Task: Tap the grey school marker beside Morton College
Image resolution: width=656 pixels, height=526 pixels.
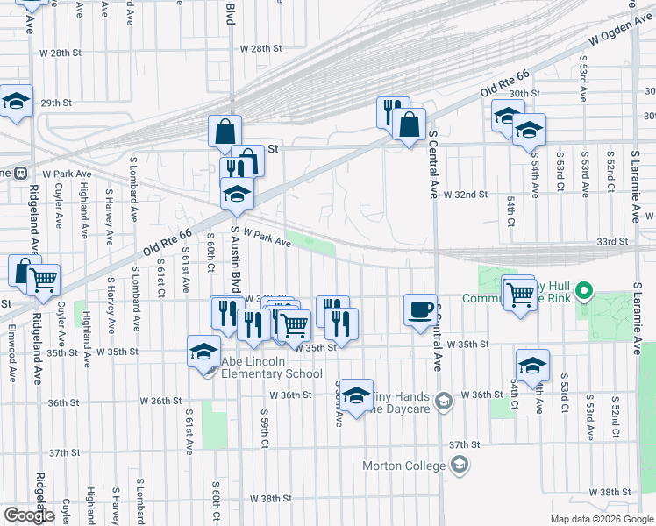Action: pos(460,466)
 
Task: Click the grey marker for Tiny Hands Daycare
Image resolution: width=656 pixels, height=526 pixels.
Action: pos(444,402)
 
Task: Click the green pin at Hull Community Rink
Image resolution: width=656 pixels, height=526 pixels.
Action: pos(589,290)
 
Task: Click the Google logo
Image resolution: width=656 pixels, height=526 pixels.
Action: pos(30,515)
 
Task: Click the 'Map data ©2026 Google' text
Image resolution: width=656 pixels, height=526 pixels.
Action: pos(601,519)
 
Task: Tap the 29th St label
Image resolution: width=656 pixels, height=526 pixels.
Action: pos(54,103)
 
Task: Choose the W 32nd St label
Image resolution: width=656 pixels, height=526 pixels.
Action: pos(464,195)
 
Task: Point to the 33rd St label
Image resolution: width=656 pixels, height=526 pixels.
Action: pos(613,241)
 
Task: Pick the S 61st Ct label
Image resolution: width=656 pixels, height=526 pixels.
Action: pos(161,278)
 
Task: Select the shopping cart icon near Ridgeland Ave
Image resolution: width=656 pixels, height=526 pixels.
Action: pos(42,280)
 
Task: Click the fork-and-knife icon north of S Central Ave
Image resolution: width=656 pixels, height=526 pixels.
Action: pos(393,110)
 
